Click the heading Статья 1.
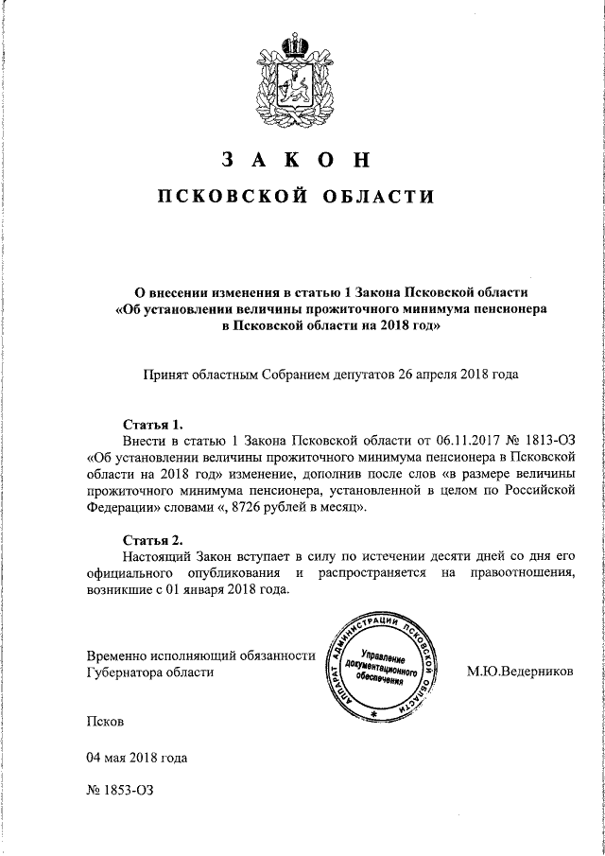point(151,423)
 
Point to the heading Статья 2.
point(151,541)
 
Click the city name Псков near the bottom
point(103,721)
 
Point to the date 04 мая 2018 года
point(136,758)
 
